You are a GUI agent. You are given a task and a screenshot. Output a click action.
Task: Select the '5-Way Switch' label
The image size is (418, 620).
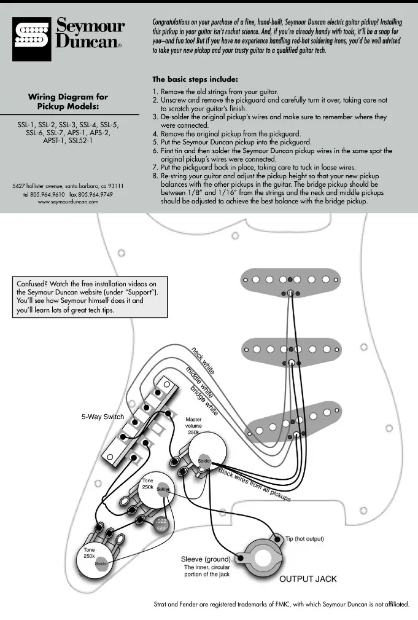[103, 417]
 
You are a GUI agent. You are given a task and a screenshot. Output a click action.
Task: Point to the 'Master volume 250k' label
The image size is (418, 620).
[198, 425]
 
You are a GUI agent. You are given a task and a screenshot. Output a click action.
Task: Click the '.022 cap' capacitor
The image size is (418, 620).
[161, 525]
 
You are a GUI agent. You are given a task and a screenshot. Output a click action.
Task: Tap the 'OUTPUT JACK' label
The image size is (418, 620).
[308, 579]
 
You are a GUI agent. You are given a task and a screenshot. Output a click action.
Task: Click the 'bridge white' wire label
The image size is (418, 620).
[203, 400]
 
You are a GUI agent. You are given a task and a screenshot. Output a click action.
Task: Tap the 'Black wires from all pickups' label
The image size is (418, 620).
[254, 484]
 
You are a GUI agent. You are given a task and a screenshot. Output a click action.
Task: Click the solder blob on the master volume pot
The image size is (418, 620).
[204, 461]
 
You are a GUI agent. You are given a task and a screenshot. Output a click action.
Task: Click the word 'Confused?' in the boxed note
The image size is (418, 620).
[33, 284]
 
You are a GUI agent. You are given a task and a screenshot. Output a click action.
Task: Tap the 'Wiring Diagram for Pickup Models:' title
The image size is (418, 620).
[68, 101]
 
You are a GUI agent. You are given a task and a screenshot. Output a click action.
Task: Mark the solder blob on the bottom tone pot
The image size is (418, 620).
[101, 563]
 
